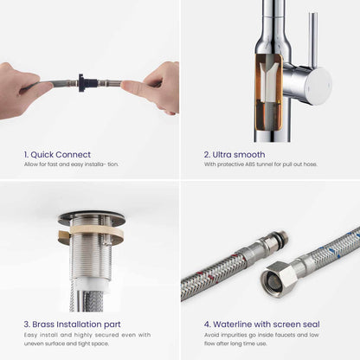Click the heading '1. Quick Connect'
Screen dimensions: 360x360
click(57, 155)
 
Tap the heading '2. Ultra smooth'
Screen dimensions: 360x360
click(235, 155)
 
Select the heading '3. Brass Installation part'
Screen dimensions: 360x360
click(72, 325)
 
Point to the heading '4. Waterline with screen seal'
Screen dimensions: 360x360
click(262, 325)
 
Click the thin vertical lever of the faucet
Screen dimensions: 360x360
click(312, 41)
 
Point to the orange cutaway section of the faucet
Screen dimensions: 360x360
click(269, 91)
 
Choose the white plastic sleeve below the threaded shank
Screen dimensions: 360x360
click(91, 285)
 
